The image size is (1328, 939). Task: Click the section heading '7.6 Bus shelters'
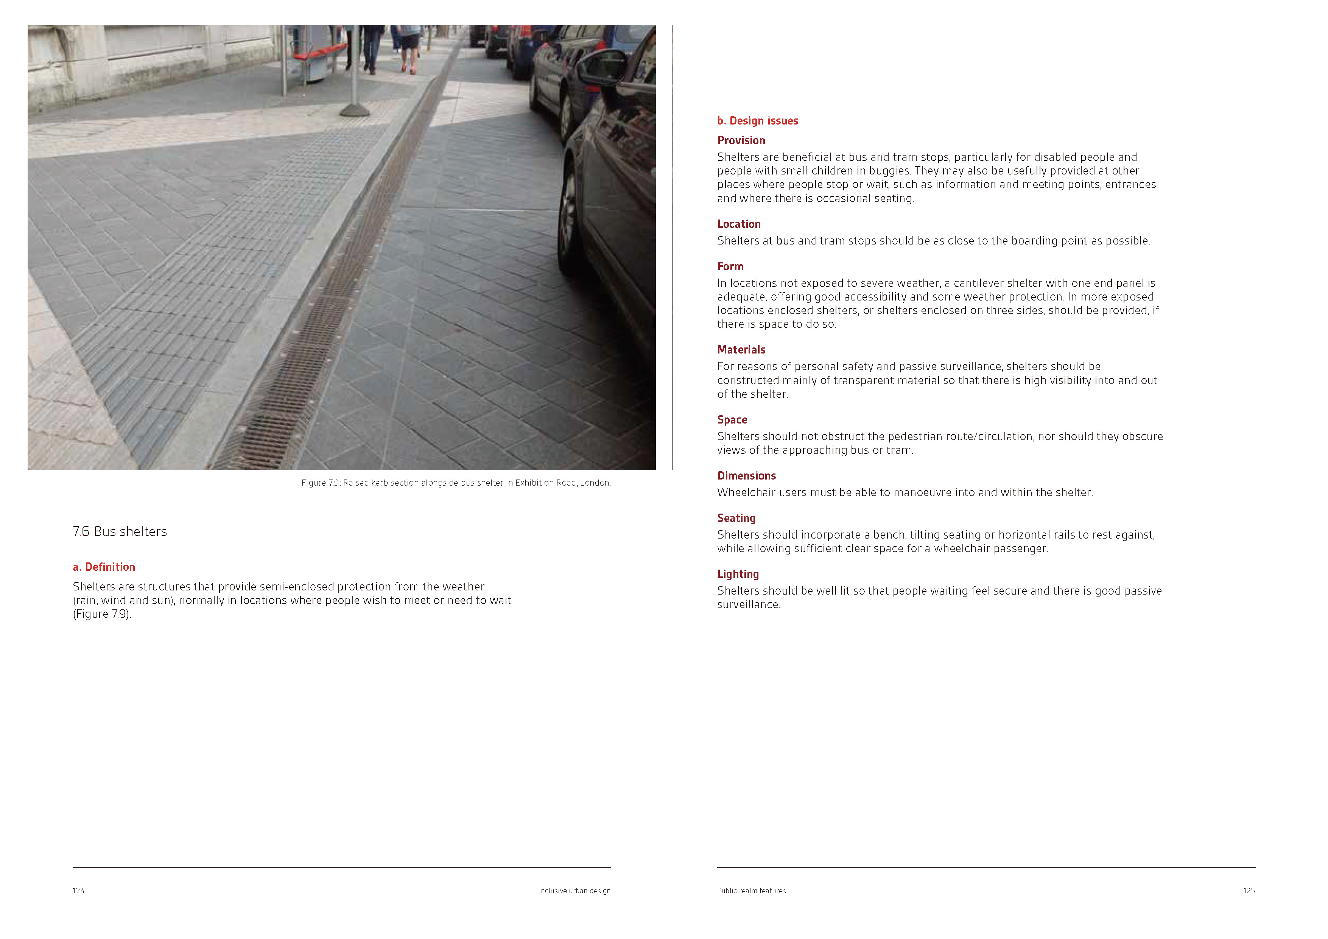(x=120, y=532)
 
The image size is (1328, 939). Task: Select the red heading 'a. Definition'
(x=104, y=567)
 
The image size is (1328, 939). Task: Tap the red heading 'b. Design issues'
(x=757, y=121)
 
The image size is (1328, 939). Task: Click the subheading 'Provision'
(x=741, y=140)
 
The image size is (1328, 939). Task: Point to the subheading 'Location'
(x=739, y=224)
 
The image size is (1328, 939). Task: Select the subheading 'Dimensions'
(x=746, y=476)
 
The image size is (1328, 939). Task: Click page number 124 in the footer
(x=79, y=891)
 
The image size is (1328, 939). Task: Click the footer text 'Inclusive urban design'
(x=574, y=891)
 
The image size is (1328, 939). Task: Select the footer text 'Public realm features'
(x=751, y=891)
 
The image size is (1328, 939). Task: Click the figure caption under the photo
(x=456, y=483)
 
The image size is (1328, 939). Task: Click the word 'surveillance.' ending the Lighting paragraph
(x=749, y=604)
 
